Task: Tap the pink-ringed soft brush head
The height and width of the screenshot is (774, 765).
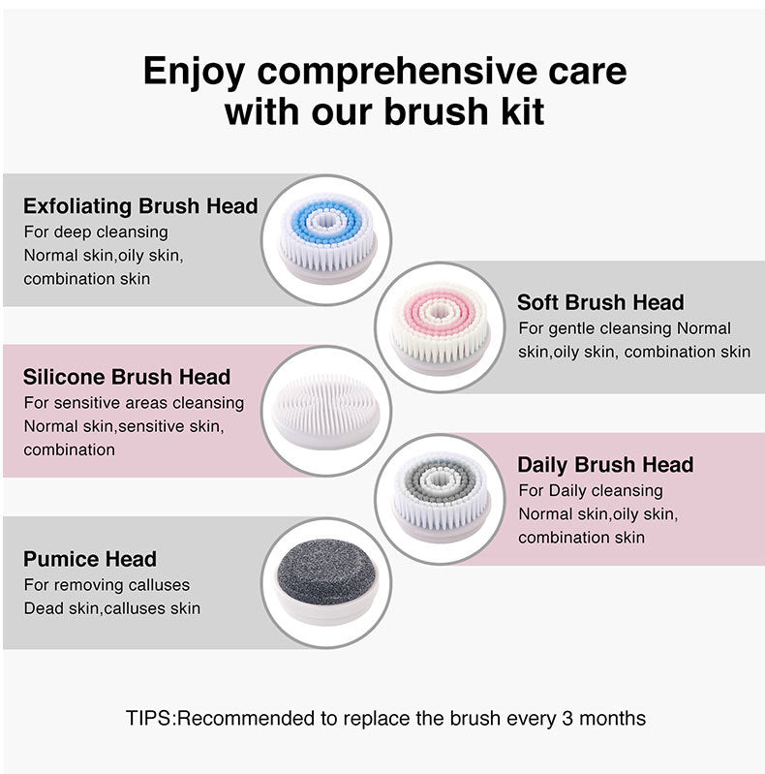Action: pos(441,326)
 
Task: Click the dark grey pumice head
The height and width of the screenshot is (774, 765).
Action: pos(326,581)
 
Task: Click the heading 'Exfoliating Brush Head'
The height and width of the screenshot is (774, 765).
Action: pos(140,205)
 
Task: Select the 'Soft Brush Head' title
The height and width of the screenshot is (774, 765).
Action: pos(600,302)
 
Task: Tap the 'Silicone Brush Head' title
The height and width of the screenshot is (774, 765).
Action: pos(127,377)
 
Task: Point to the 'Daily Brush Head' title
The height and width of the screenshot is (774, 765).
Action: pos(605,465)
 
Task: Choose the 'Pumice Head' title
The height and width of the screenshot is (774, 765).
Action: pos(90,559)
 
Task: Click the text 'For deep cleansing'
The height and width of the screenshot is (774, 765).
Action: pos(96,232)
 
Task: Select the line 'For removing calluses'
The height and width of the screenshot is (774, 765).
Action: pos(107,585)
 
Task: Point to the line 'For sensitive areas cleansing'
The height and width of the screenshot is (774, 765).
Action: pos(134,403)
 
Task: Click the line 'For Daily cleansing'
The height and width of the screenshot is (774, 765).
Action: pos(591,490)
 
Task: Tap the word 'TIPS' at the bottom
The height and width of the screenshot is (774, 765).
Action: pos(148,719)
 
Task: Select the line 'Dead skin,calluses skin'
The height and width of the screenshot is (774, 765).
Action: pos(112,608)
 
